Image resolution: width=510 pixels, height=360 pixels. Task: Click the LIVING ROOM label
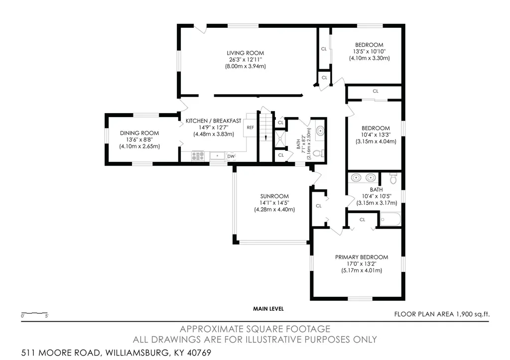[245, 53]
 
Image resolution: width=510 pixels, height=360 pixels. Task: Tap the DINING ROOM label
[139, 133]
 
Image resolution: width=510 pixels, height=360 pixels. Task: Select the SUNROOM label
[274, 196]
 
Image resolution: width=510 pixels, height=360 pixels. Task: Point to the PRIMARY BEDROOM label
[362, 257]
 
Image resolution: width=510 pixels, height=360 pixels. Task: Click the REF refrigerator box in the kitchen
[251, 127]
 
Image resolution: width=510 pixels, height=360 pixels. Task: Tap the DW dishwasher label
[231, 156]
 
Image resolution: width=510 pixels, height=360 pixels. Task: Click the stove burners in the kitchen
[198, 156]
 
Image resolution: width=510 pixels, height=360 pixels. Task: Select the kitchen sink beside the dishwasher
[217, 156]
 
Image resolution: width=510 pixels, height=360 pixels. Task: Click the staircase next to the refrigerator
[266, 127]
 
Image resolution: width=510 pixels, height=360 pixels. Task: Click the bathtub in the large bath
[390, 219]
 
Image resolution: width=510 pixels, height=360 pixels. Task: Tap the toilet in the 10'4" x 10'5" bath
[393, 178]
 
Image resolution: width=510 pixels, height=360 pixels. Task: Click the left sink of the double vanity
[357, 178]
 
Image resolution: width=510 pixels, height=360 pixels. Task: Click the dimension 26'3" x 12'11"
[245, 60]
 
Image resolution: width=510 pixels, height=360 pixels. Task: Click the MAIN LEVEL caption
[268, 309]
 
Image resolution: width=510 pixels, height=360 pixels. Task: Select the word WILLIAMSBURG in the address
[137, 353]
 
